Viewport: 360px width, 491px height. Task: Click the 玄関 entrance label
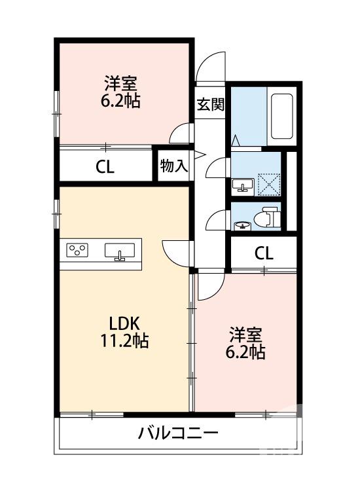[x=210, y=105]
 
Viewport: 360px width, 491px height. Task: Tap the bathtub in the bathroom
[x=281, y=116]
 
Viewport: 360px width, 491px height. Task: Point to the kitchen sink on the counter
[x=120, y=251]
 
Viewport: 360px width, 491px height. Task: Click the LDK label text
[x=124, y=323]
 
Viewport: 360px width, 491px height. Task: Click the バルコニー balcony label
[x=177, y=433]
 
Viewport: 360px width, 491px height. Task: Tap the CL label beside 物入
[x=105, y=166]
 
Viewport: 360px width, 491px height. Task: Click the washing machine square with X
[x=268, y=183]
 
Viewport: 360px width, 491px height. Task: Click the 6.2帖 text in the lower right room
[x=246, y=352]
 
